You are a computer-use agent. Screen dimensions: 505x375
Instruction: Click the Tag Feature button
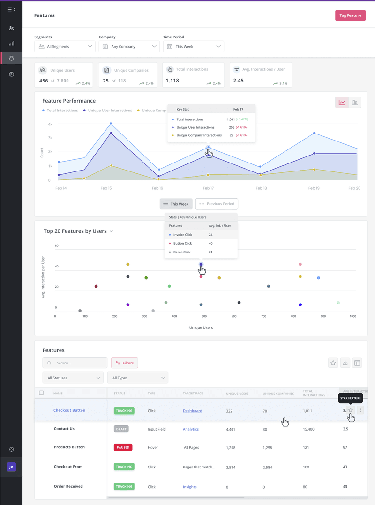point(350,15)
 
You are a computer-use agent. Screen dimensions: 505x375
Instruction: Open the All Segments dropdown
point(65,46)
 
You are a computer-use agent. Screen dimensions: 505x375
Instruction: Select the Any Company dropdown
point(129,46)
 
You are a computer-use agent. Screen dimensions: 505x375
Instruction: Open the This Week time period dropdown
point(193,46)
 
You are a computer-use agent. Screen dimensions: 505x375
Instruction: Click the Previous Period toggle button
point(217,204)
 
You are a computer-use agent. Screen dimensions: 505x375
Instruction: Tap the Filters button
point(125,363)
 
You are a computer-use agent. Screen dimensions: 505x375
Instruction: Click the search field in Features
point(75,363)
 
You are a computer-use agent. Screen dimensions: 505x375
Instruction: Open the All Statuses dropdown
point(73,378)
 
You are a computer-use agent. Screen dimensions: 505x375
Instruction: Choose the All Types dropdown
point(137,378)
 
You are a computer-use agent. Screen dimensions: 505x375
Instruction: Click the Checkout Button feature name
point(69,410)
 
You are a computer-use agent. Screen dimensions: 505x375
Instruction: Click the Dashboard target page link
point(192,411)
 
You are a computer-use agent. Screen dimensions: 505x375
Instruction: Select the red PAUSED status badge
point(123,447)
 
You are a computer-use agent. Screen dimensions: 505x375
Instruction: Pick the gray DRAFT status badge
point(121,429)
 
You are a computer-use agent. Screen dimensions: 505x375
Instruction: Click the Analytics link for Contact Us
point(191,429)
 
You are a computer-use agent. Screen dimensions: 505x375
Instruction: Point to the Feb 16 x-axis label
point(158,188)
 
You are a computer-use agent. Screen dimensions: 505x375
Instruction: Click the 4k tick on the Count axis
point(49,124)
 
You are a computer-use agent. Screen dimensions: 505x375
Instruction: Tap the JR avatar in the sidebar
point(11,467)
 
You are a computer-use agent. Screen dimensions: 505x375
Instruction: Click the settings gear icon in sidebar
point(11,449)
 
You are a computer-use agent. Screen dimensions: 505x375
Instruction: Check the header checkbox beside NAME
point(41,393)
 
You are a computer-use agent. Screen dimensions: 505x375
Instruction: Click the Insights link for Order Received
point(189,487)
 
